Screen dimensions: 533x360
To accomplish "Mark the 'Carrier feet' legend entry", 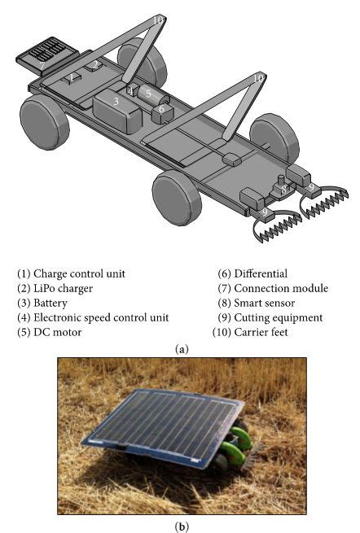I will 262,332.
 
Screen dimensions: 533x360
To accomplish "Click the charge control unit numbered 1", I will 72,78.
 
